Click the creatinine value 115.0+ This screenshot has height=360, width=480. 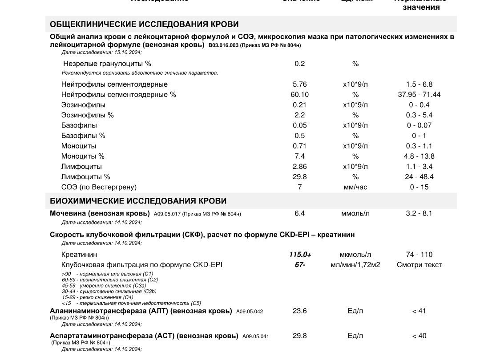pyautogui.click(x=300, y=255)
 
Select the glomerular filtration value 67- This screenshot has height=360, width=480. pyautogui.click(x=300, y=265)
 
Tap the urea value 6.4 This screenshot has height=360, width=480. pyautogui.click(x=300, y=213)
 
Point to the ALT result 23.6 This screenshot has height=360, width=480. pyautogui.click(x=300, y=311)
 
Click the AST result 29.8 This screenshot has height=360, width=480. pyautogui.click(x=300, y=336)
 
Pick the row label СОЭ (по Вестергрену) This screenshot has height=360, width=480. pyautogui.click(x=99, y=187)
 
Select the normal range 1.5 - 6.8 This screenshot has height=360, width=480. pyautogui.click(x=419, y=84)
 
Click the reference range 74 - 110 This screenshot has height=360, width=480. pyautogui.click(x=419, y=255)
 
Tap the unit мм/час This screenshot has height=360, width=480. pyautogui.click(x=355, y=187)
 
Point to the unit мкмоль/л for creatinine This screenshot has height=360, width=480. pyautogui.click(x=355, y=255)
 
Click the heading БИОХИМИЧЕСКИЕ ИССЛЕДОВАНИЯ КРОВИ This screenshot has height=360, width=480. pyautogui.click(x=138, y=201)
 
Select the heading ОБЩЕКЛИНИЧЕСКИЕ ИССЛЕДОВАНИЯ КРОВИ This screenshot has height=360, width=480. pyautogui.click(x=144, y=24)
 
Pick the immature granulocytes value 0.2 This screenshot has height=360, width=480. pyautogui.click(x=300, y=64)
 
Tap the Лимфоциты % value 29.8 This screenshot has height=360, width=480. pyautogui.click(x=300, y=177)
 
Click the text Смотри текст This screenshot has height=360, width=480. pyautogui.click(x=419, y=265)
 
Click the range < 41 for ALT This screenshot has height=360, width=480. pyautogui.click(x=419, y=311)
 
